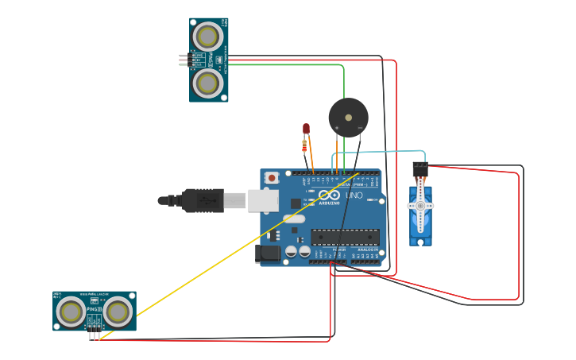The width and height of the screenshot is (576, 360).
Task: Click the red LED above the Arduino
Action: (306, 129)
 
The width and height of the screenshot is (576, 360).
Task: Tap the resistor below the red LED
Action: (304, 145)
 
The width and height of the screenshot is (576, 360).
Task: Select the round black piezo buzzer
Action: (348, 118)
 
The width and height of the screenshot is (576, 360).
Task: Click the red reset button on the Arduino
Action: (272, 178)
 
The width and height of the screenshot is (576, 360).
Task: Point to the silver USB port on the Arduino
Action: (263, 200)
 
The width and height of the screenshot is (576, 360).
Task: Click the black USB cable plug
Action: (202, 200)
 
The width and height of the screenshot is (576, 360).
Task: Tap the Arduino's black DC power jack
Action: (268, 254)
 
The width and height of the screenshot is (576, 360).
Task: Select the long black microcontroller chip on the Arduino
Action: (345, 236)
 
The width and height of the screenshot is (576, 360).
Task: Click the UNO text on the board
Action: (354, 195)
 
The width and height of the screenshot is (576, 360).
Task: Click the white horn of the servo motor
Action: (420, 206)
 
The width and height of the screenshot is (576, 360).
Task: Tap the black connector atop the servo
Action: (419, 168)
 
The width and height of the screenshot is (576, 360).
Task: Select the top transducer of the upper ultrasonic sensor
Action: (208, 37)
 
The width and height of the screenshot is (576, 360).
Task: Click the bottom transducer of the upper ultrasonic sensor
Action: (208, 83)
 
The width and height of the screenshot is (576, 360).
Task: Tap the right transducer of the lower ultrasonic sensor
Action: (118, 312)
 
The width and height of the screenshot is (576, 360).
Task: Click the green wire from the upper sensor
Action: (286, 64)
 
